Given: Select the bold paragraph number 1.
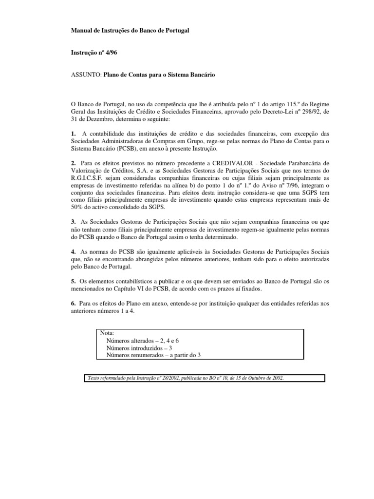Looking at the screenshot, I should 73,134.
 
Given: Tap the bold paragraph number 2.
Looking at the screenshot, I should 73,162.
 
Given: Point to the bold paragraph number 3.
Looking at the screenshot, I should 73,222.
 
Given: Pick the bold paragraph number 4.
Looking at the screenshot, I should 73,252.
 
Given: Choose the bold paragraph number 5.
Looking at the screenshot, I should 73,282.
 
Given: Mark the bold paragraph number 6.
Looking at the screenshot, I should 73,304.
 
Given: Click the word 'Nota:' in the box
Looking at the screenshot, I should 107,333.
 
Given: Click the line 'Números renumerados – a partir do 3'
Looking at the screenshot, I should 153,355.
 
